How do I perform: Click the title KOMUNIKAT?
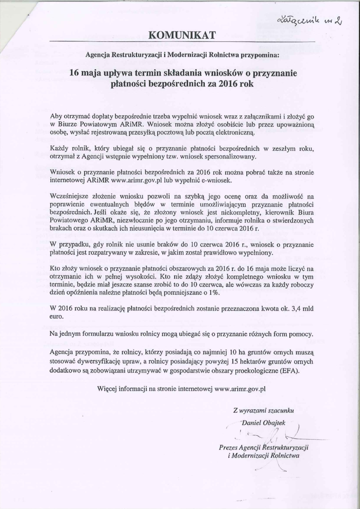(x=180, y=34)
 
